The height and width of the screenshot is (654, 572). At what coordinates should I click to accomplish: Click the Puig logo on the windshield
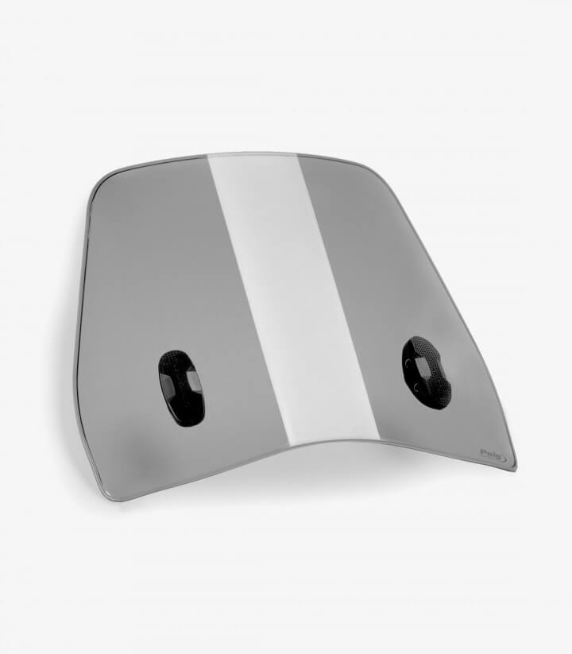click(x=493, y=454)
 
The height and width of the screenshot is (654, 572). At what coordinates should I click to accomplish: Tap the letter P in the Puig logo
click(x=483, y=451)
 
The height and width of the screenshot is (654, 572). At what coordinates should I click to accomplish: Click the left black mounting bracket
click(x=181, y=384)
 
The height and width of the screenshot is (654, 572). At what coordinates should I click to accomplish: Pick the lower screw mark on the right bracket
click(x=417, y=388)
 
